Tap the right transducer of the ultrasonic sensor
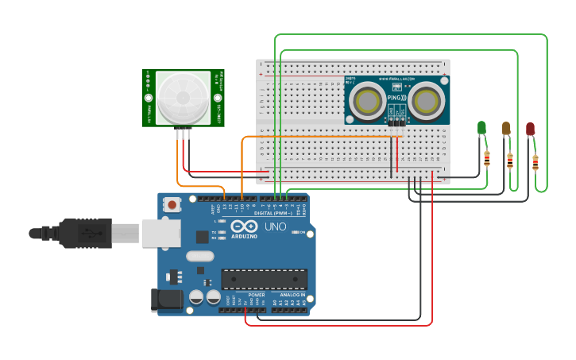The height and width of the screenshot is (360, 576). pyautogui.click(x=427, y=101)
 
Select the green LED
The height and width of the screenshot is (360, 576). pyautogui.click(x=481, y=127)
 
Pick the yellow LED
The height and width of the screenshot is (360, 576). pyautogui.click(x=506, y=128)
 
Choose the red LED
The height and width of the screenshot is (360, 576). pyautogui.click(x=530, y=129)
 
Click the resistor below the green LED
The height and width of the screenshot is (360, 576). pyautogui.click(x=487, y=159)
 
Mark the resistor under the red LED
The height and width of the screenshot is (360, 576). pyautogui.click(x=535, y=163)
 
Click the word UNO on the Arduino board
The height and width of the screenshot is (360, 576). pyautogui.click(x=275, y=226)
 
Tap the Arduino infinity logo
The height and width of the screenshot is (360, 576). pyautogui.click(x=242, y=226)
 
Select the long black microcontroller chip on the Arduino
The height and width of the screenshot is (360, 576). pyautogui.click(x=264, y=279)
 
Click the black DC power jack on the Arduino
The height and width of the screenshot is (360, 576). pyautogui.click(x=164, y=299)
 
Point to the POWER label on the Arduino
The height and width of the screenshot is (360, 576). pyautogui.click(x=257, y=295)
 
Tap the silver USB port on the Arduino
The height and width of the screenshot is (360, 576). pyautogui.click(x=160, y=233)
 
